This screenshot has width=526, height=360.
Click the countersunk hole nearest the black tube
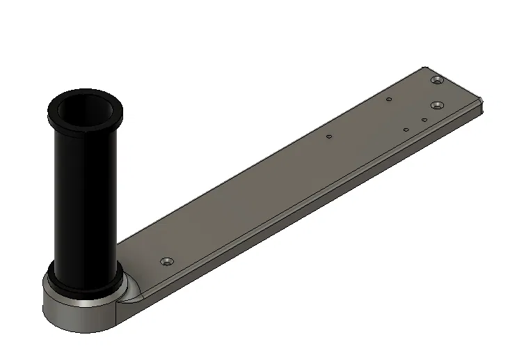tap(166, 261)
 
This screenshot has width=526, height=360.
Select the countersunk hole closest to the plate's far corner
tap(436, 81)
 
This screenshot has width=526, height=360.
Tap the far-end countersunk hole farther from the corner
tap(436, 105)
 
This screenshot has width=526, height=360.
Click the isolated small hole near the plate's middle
tap(328, 136)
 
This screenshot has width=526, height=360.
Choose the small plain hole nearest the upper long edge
tap(389, 99)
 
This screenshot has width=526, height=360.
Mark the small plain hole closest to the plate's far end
tap(424, 120)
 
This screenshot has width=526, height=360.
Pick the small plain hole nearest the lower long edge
tap(406, 130)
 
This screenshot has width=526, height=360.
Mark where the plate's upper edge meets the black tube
tap(120, 242)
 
